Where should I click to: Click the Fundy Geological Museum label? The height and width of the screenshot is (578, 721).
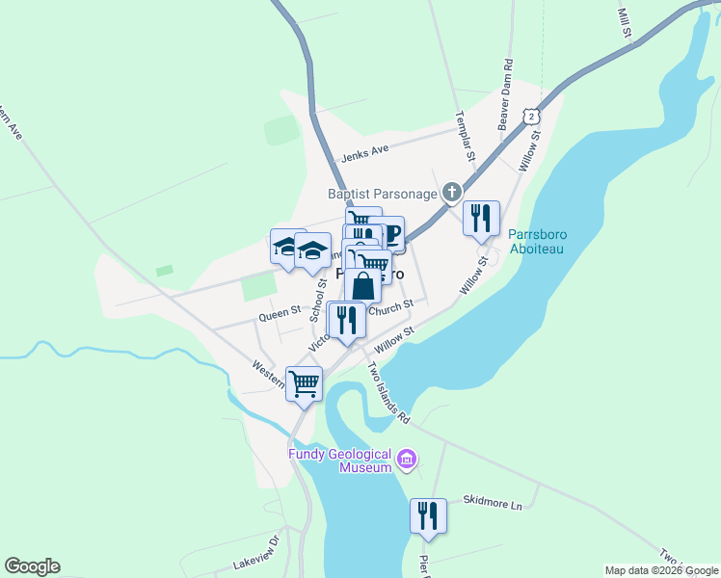340,460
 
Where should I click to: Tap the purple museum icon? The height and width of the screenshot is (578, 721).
407,460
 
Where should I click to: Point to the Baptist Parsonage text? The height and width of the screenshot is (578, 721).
383,194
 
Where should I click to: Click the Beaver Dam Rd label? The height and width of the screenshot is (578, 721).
503,95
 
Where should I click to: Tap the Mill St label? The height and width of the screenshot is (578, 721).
624,24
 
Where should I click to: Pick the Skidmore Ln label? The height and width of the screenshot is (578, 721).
492,503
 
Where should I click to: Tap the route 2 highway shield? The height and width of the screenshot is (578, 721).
530,115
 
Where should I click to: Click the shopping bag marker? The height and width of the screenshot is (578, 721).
361,285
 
